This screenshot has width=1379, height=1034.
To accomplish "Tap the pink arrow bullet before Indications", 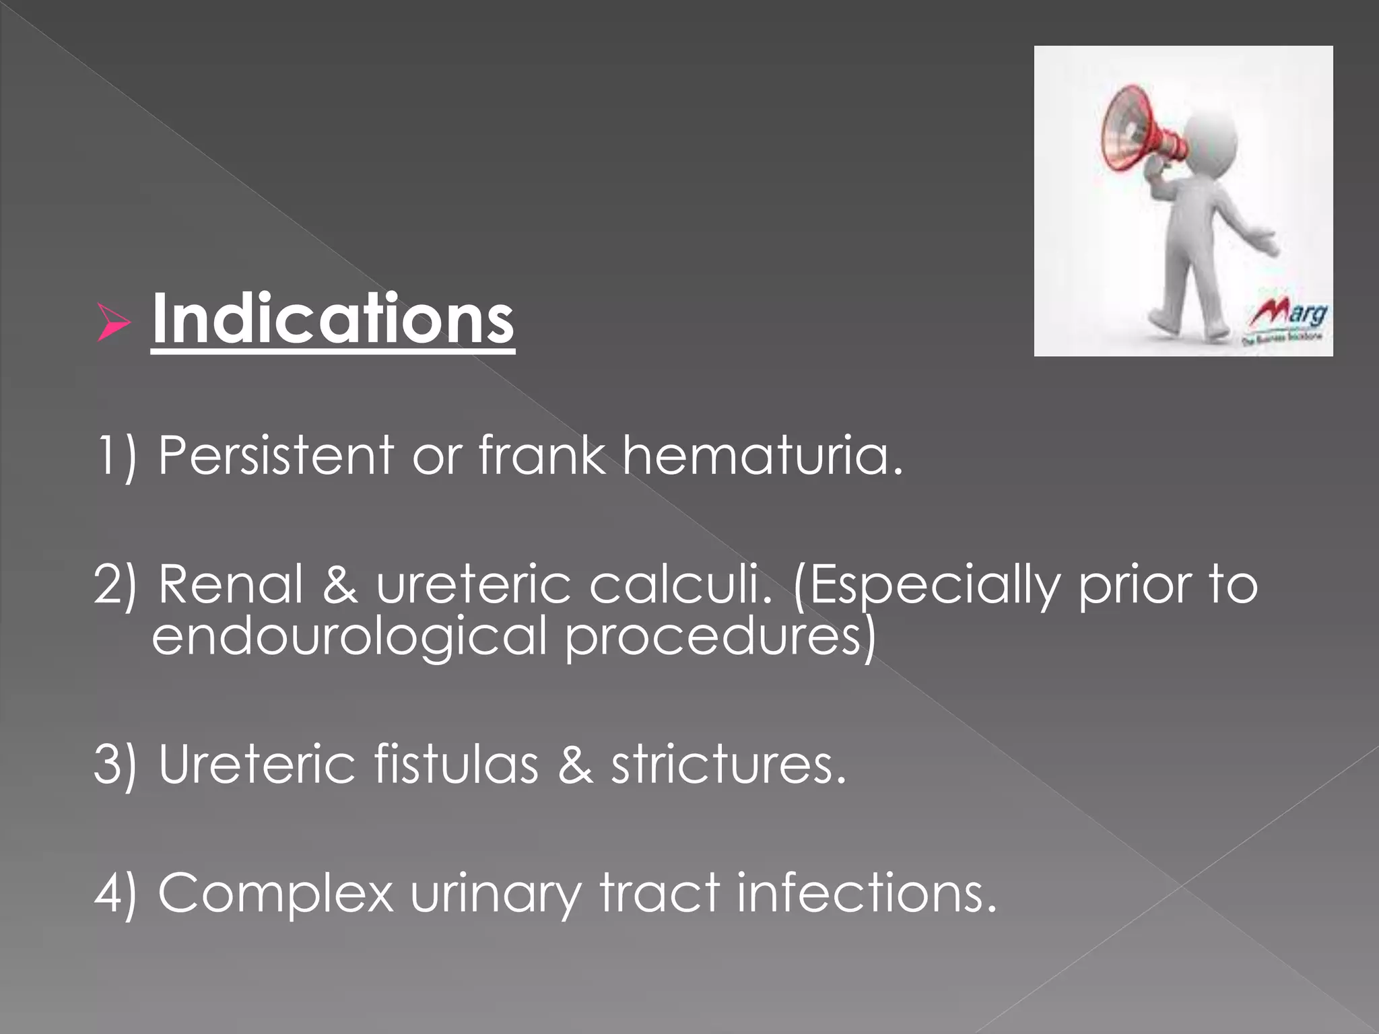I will pyautogui.click(x=113, y=322).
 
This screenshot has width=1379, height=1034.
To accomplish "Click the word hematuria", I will pyautogui.click(x=762, y=455).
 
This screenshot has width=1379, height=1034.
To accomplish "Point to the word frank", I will pyautogui.click(x=541, y=455).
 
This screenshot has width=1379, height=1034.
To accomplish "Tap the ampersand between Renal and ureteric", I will pyautogui.click(x=340, y=584).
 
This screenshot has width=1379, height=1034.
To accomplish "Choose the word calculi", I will pyautogui.click(x=681, y=584).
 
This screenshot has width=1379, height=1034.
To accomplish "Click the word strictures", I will pyautogui.click(x=727, y=765).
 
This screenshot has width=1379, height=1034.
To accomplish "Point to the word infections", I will pyautogui.click(x=866, y=893).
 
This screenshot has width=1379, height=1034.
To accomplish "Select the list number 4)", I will pyautogui.click(x=116, y=893).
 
